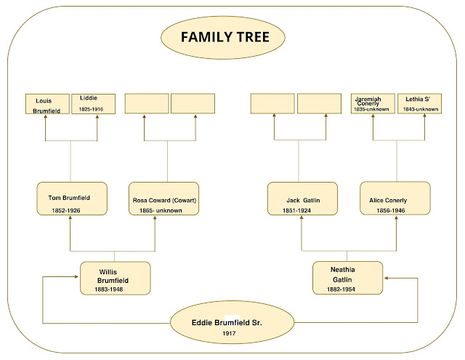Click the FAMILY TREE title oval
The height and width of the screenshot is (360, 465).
coord(232,38)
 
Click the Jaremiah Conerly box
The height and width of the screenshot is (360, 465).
coord(373,104)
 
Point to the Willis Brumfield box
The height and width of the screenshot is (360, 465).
coord(115,278)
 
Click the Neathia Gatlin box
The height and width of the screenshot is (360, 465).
coord(347,278)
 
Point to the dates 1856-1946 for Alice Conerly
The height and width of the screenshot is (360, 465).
coord(391,210)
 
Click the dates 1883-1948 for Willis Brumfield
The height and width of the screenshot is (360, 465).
coord(112,289)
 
